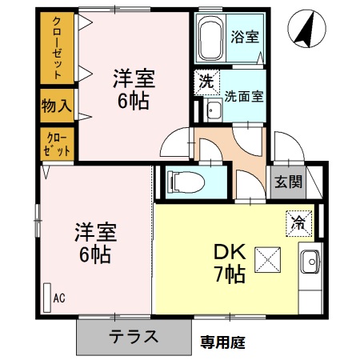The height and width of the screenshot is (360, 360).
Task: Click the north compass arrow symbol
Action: [x=303, y=31]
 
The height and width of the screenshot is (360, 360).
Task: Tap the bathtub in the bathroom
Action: [x=211, y=37]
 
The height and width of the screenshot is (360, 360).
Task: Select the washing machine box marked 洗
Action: [x=204, y=81]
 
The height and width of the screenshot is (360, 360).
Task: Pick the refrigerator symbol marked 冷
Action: [x=298, y=222]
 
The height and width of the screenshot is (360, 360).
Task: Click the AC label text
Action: [x=58, y=299]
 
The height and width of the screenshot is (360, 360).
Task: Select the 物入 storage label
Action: [x=57, y=104]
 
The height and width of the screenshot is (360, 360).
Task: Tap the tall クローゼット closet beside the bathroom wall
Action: [x=57, y=47]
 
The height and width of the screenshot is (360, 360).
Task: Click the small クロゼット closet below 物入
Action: [x=57, y=144]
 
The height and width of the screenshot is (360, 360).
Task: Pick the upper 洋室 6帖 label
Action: [x=132, y=90]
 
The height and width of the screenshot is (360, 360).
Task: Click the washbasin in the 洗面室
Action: [x=212, y=110]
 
